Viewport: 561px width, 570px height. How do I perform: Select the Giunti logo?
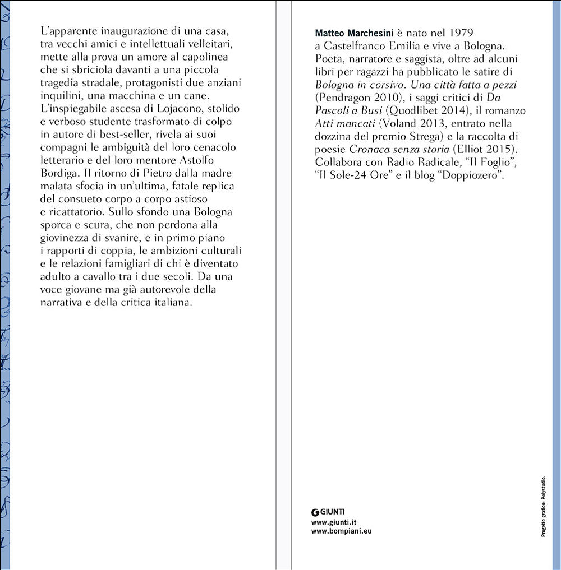(x=328, y=511)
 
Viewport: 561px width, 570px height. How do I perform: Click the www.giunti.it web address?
(x=334, y=521)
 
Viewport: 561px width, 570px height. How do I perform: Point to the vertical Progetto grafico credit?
(x=543, y=506)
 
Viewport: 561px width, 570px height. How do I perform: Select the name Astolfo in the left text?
(x=213, y=160)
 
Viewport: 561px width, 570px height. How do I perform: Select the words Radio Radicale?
(x=419, y=163)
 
